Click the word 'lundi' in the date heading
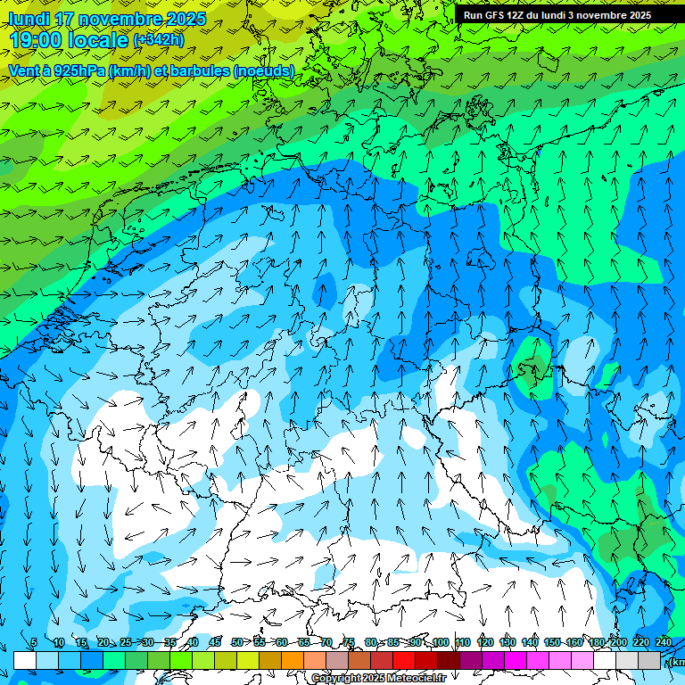tap(29, 19)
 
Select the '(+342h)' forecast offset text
tap(159, 40)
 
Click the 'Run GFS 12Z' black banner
tap(557, 15)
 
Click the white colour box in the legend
tap(25, 661)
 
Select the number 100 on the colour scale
tap(440, 643)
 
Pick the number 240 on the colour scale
tap(663, 643)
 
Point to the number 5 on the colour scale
tap(34, 643)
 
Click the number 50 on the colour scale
tap(237, 643)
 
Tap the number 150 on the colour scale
tap(552, 643)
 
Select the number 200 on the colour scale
tap(618, 643)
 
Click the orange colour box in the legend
tap(293, 661)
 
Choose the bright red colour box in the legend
tap(404, 661)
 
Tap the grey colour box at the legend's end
tap(649, 661)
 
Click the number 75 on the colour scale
tap(349, 643)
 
